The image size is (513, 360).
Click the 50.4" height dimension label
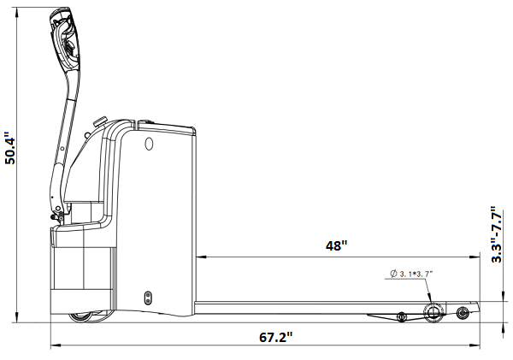click(x=9, y=148)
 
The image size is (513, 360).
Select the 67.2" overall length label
click(x=276, y=337)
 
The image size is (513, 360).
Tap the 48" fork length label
click(x=336, y=245)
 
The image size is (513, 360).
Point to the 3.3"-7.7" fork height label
click(x=497, y=234)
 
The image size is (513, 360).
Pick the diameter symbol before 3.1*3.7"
click(x=393, y=274)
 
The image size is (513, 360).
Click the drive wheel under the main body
click(x=80, y=316)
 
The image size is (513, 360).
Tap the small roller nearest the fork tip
click(x=463, y=313)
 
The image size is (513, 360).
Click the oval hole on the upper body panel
click(x=149, y=144)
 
